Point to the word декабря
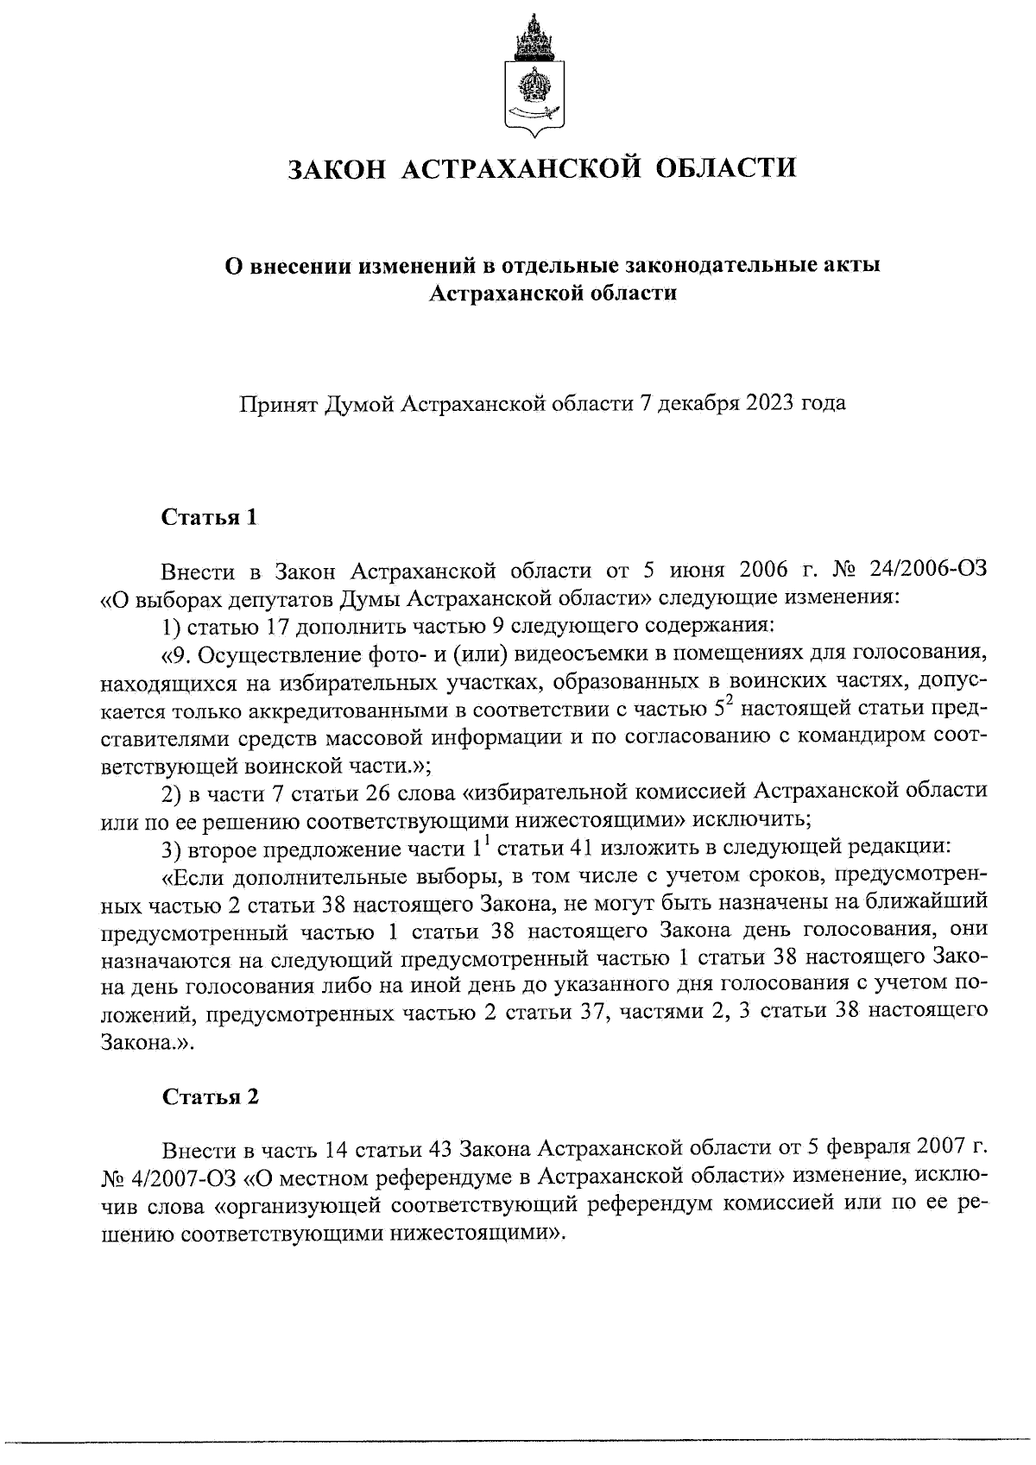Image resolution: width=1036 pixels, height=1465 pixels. [x=688, y=403]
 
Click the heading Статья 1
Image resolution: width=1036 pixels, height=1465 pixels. [x=210, y=518]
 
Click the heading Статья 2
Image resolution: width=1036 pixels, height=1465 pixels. [x=210, y=1097]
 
